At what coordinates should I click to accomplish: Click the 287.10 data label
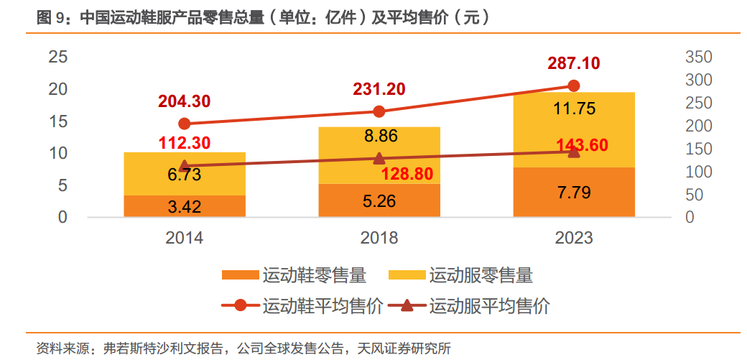(x=573, y=63)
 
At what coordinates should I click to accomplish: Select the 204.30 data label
(x=185, y=102)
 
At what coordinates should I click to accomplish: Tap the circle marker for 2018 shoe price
(x=379, y=111)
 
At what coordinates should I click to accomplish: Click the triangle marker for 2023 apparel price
(x=573, y=151)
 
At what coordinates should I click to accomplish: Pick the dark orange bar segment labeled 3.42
(x=185, y=206)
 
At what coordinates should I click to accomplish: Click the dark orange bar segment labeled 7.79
(x=573, y=192)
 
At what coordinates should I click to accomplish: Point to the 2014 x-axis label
(x=185, y=237)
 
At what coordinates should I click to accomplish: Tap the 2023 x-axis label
(x=573, y=237)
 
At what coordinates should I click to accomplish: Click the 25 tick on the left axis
(x=57, y=57)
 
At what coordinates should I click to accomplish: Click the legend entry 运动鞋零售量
(x=294, y=275)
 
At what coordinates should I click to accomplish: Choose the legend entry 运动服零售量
(x=460, y=275)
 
